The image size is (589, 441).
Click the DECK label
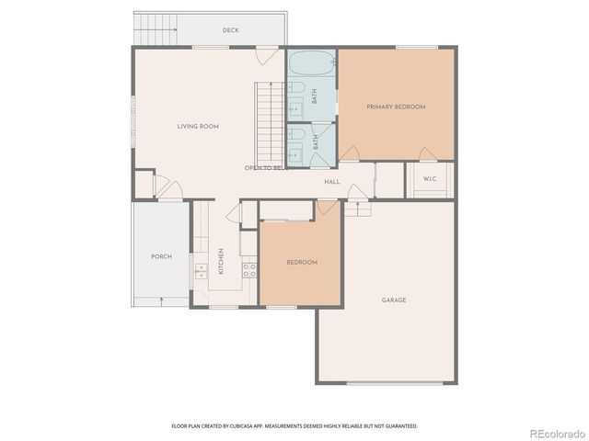pyautogui.click(x=231, y=30)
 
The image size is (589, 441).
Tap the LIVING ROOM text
pyautogui.click(x=198, y=126)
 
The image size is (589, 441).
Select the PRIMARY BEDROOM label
pyautogui.click(x=397, y=107)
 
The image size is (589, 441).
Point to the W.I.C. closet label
pyautogui.click(x=430, y=178)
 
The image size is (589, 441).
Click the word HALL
pyautogui.click(x=332, y=182)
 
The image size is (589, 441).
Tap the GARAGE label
pyautogui.click(x=394, y=300)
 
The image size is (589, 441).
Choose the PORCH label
pyautogui.click(x=161, y=256)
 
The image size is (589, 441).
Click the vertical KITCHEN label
pyautogui.click(x=221, y=261)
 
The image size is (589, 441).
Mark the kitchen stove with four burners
pyautogui.click(x=248, y=269)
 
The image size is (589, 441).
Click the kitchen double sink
pyautogui.click(x=199, y=269)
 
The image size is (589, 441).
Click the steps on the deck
pyautogui.click(x=156, y=30)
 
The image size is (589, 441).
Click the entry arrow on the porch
pyautogui.click(x=163, y=300)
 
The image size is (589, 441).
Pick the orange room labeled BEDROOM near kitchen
pyautogui.click(x=301, y=263)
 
